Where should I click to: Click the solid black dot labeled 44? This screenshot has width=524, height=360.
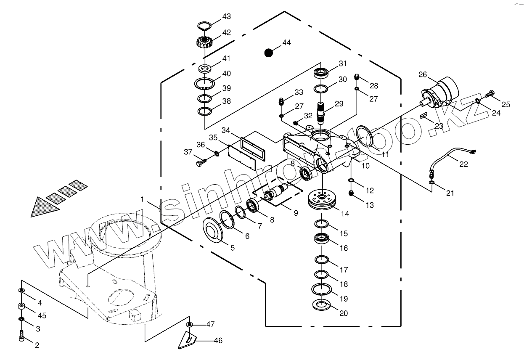click(x=268, y=53)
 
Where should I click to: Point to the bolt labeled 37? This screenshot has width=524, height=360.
click(x=201, y=160)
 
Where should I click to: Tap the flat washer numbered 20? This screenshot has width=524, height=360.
click(x=322, y=304)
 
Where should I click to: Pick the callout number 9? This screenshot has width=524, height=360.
click(x=296, y=213)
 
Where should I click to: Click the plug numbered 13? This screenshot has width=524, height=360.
click(x=352, y=193)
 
